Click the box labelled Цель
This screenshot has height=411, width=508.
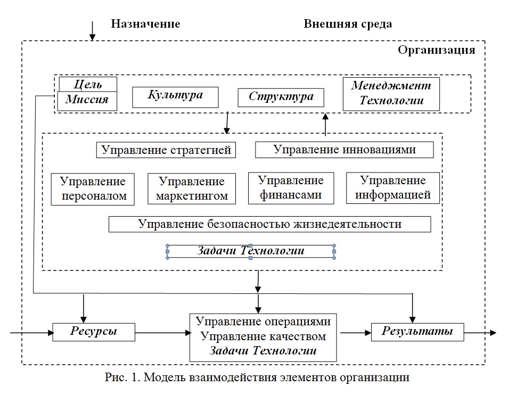click(x=88, y=84)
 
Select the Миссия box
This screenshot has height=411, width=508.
click(x=88, y=100)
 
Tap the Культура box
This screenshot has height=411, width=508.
click(x=175, y=96)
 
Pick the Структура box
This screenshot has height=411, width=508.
click(x=281, y=97)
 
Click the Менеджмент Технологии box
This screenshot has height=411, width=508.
click(x=391, y=94)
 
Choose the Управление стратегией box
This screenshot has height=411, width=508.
click(x=166, y=150)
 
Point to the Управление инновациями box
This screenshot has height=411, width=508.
click(x=344, y=150)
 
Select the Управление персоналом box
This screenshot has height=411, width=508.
click(x=93, y=188)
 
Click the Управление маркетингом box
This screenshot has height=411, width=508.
click(x=192, y=189)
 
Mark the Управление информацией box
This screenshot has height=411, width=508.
click(x=393, y=188)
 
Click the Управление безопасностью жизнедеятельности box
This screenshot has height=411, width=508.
click(x=269, y=224)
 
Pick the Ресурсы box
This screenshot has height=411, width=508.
click(x=93, y=332)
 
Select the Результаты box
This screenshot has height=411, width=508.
click(x=417, y=332)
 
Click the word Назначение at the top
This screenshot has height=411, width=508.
click(x=145, y=24)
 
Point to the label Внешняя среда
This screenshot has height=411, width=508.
click(x=347, y=24)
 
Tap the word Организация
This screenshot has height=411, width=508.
click(x=436, y=51)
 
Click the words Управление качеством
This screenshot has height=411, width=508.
click(x=263, y=336)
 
